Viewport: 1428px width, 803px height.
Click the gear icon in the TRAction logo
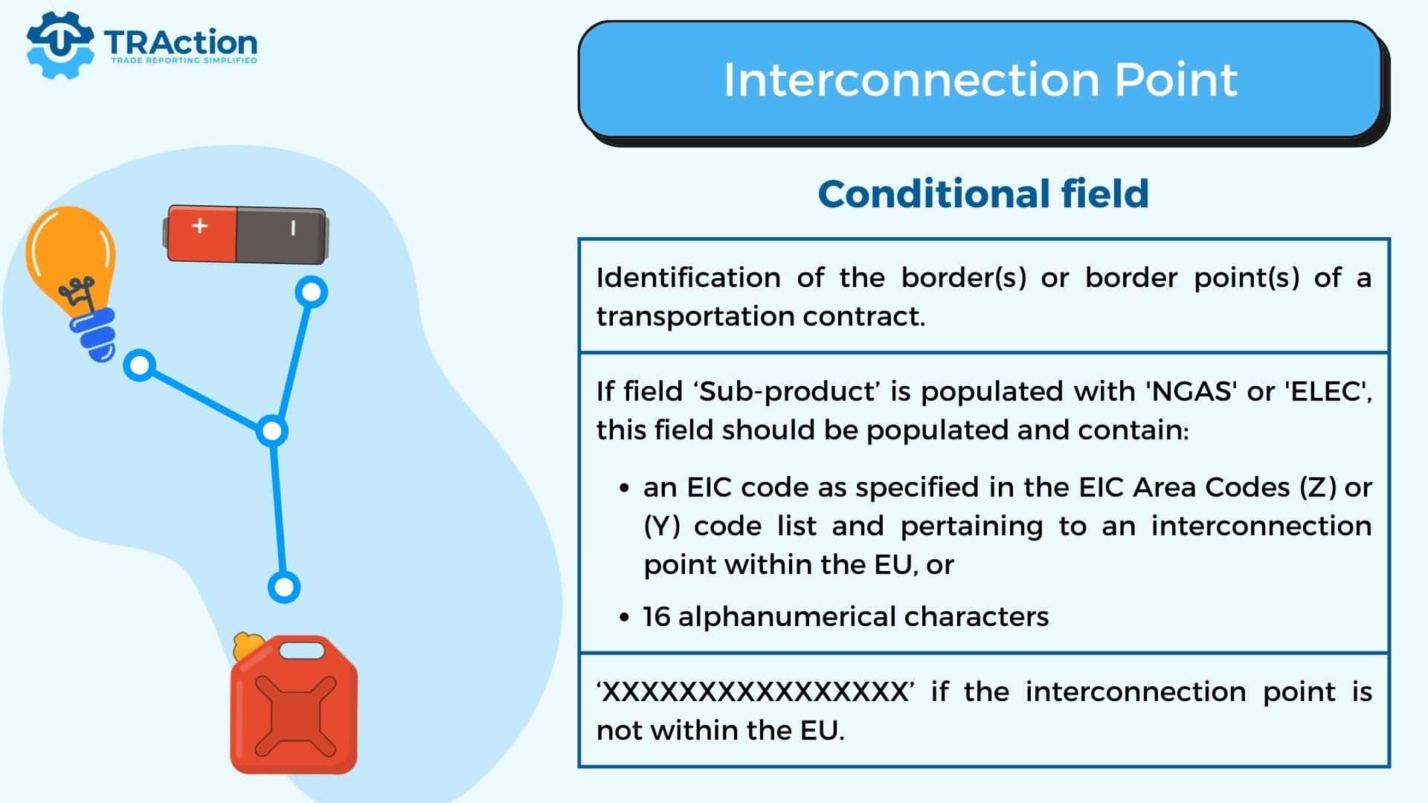click(x=59, y=45)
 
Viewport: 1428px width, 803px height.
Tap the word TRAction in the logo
click(x=181, y=42)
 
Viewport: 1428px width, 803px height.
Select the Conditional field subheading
click(x=983, y=194)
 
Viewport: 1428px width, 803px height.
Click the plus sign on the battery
click(x=199, y=225)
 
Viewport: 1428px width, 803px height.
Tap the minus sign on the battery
click(x=293, y=228)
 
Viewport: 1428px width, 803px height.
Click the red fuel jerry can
click(x=293, y=703)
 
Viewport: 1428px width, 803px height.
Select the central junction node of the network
click(x=272, y=431)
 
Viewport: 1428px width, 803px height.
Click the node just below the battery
click(x=312, y=292)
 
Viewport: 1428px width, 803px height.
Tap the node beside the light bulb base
click(x=140, y=365)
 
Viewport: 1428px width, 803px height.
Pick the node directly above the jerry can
click(x=283, y=587)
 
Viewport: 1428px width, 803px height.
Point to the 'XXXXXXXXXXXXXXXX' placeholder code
click(x=755, y=692)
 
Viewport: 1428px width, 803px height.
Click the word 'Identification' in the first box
click(x=688, y=277)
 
